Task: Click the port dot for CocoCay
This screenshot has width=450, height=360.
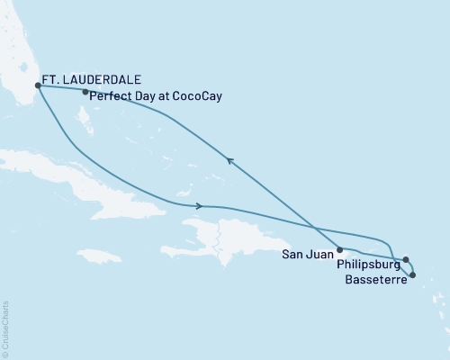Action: (85, 92)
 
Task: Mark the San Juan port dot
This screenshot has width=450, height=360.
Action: (339, 249)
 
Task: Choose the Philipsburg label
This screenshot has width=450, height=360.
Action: (365, 266)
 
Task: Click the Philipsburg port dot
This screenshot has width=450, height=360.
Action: (406, 259)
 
